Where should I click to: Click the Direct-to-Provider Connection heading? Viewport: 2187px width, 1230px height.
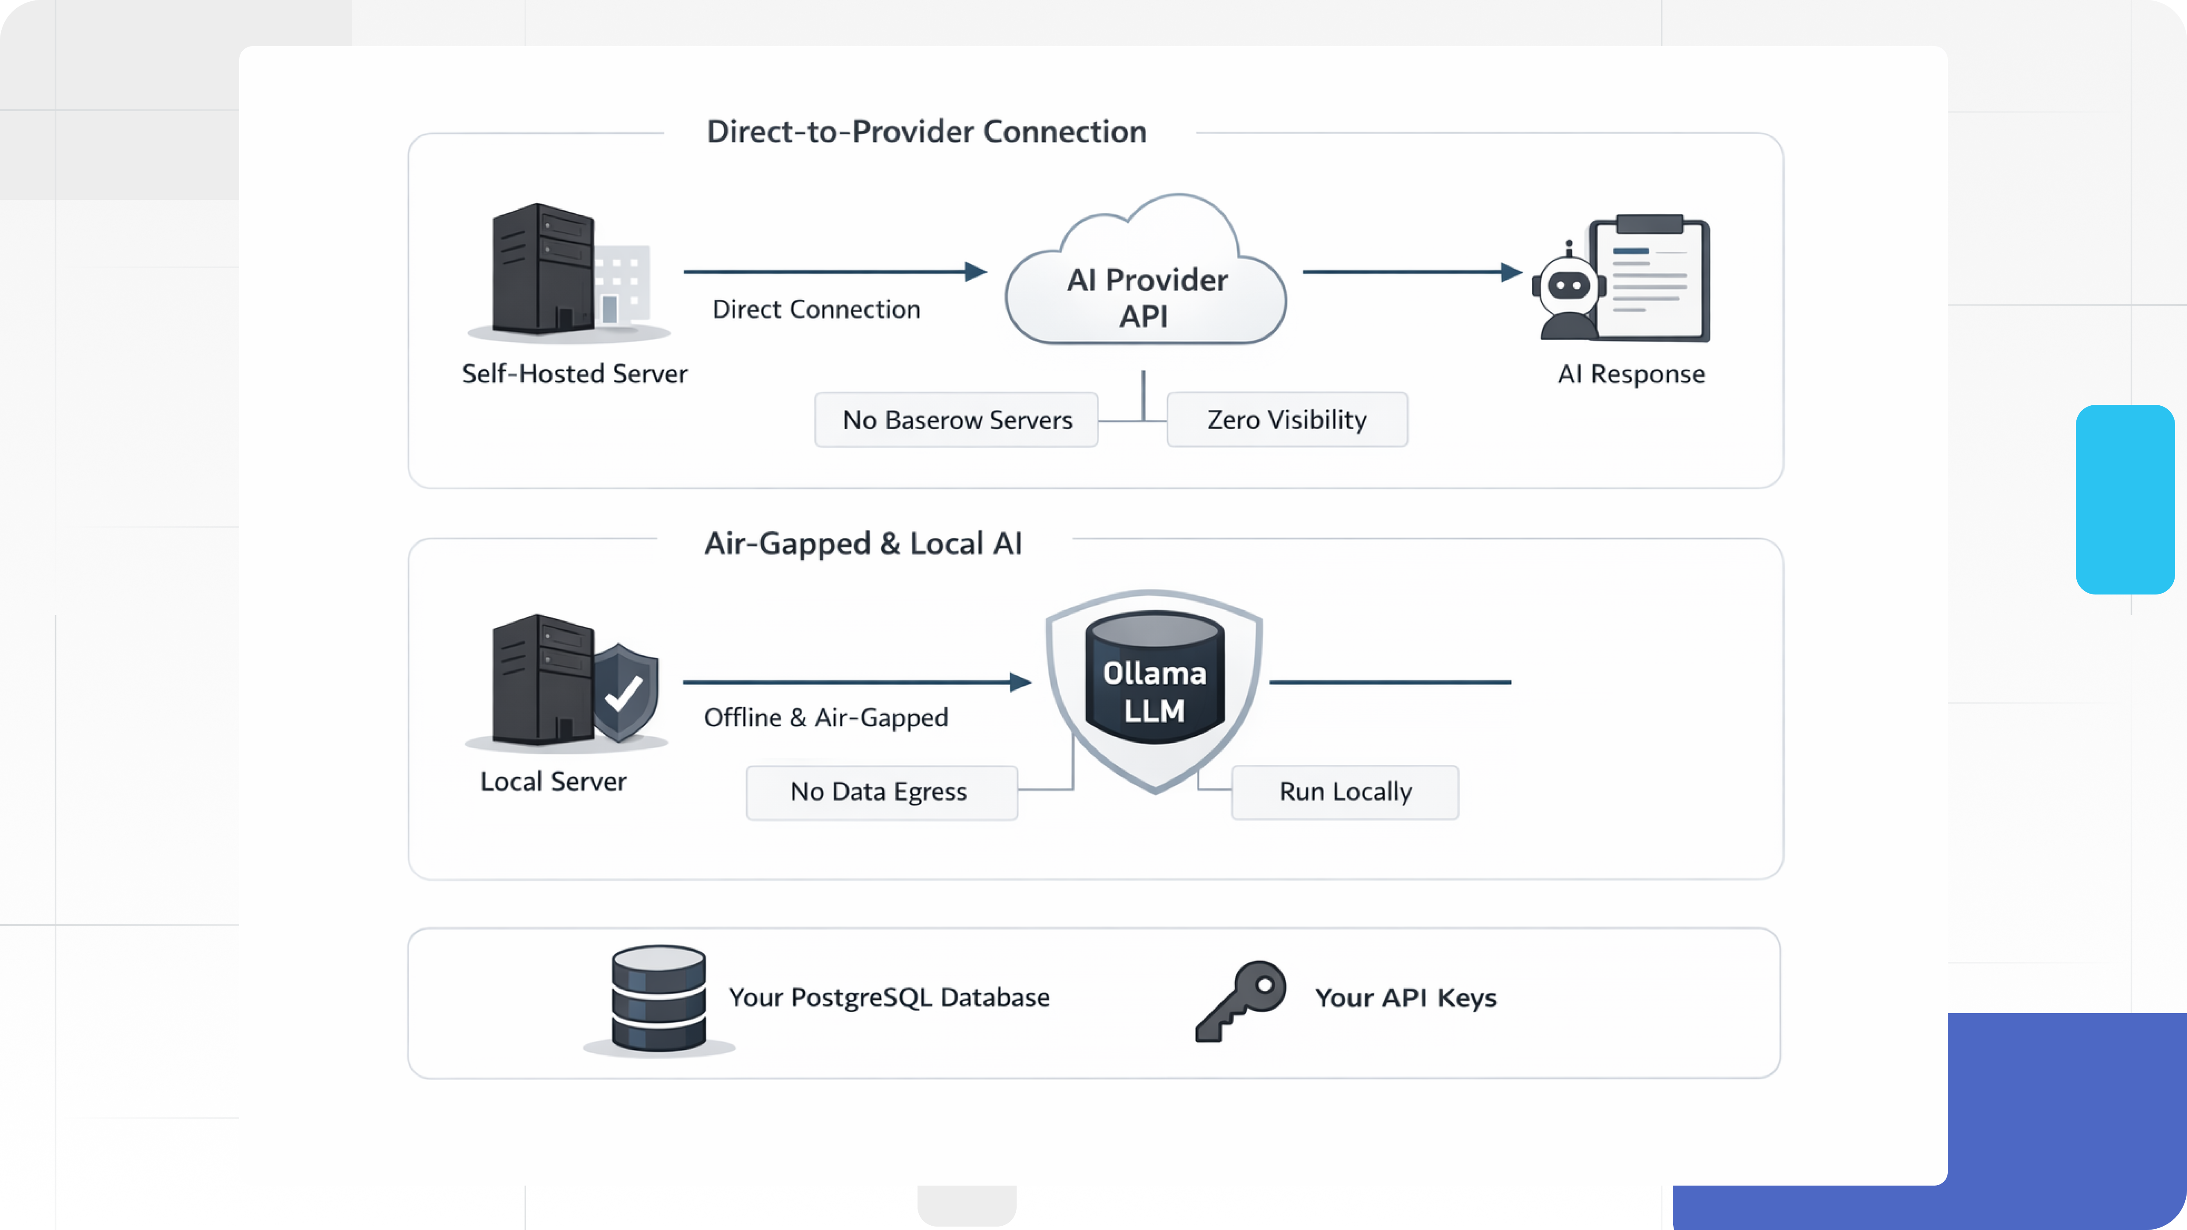[926, 132]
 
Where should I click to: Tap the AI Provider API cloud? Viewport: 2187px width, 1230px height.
[1146, 289]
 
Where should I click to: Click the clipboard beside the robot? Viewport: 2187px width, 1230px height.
[1651, 280]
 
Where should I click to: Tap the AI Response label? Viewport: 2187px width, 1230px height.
[1630, 375]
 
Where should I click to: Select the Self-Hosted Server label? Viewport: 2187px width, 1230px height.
[574, 375]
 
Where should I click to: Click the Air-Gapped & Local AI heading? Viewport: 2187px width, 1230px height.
[862, 543]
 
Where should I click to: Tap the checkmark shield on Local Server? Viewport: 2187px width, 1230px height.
[625, 692]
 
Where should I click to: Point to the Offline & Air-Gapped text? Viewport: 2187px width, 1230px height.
[825, 718]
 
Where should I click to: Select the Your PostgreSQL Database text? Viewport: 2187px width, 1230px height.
[889, 997]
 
